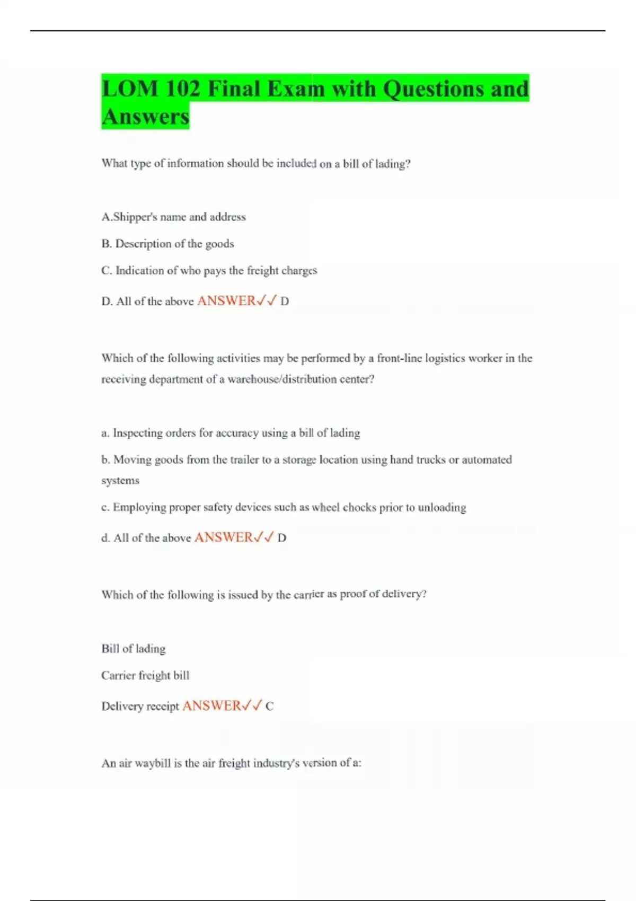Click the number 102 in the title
182,89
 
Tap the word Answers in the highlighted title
145,117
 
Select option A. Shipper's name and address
173,217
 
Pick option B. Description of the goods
167,244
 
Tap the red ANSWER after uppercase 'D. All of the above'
226,301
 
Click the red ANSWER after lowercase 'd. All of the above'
224,537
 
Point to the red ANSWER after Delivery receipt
211,706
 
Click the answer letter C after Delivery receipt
269,706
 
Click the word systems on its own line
120,481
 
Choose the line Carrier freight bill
145,676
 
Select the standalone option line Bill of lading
134,649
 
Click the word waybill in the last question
153,764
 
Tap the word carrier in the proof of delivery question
308,595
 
